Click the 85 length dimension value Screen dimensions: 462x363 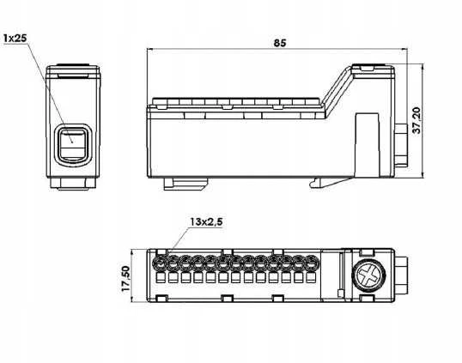click(x=280, y=43)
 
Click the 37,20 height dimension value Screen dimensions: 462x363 click(x=417, y=120)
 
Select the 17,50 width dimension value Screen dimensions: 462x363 click(x=125, y=279)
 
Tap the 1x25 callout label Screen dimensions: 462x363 click(x=15, y=38)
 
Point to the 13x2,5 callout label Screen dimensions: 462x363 click(x=206, y=221)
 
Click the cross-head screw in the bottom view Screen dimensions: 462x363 click(x=368, y=276)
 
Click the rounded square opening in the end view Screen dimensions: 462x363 click(x=73, y=145)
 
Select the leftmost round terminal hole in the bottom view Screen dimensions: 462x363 click(x=161, y=263)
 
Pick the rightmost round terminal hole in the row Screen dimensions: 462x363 click(x=311, y=263)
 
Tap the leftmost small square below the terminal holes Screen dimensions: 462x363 click(x=161, y=278)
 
